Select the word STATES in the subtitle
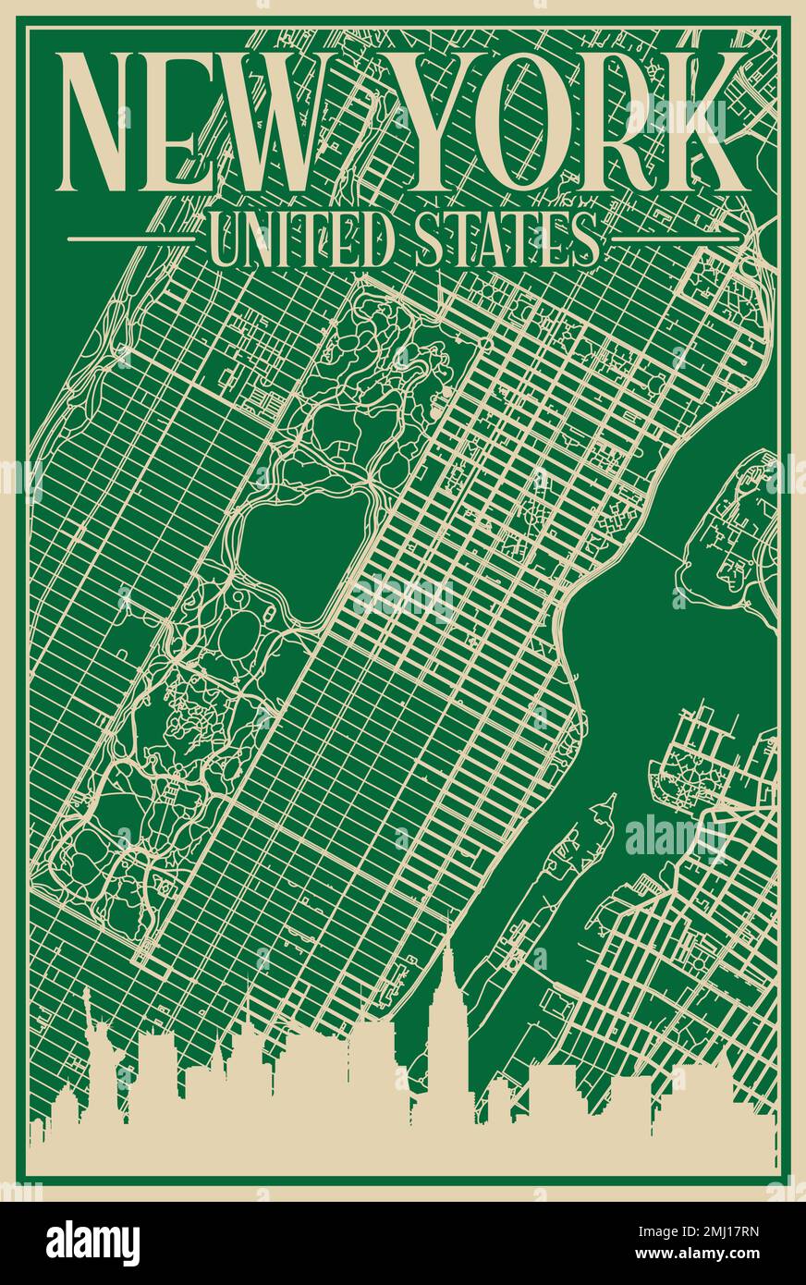click(500, 239)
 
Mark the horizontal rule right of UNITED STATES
click(677, 239)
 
